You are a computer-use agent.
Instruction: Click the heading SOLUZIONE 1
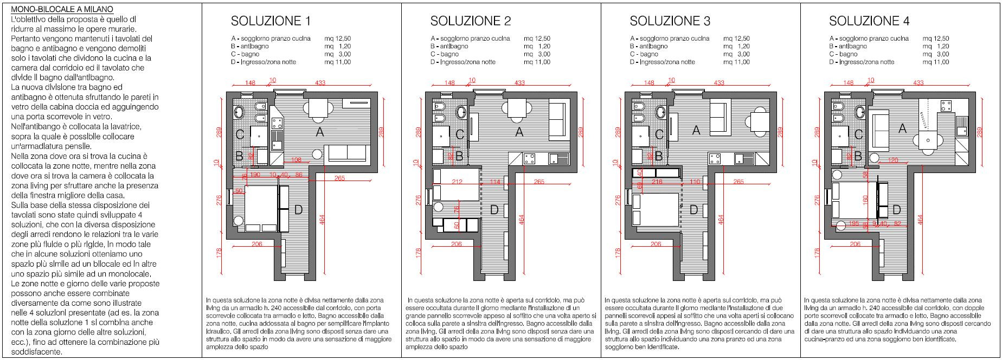pyautogui.click(x=271, y=21)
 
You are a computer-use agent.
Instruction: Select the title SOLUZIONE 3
pyautogui.click(x=670, y=21)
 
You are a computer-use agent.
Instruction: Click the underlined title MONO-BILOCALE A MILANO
pyautogui.click(x=62, y=10)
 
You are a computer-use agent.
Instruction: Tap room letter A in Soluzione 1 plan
pyautogui.click(x=320, y=131)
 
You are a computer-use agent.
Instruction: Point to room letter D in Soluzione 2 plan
pyautogui.click(x=494, y=210)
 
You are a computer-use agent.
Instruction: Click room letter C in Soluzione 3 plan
pyautogui.click(x=659, y=134)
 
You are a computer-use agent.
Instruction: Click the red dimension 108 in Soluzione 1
pyautogui.click(x=296, y=160)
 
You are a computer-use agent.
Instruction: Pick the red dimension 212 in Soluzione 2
pyautogui.click(x=457, y=182)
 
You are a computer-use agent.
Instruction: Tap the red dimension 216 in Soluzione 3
pyautogui.click(x=657, y=182)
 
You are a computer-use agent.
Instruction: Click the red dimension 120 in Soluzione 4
pyautogui.click(x=893, y=160)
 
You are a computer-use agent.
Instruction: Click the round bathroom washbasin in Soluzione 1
pyautogui.click(x=240, y=112)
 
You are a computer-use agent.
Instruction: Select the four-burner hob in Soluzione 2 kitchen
pyautogui.click(x=529, y=159)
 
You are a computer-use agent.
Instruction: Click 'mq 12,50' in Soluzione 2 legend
pyautogui.click(x=537, y=38)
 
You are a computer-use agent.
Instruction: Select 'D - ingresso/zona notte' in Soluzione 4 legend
pyautogui.click(x=862, y=62)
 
